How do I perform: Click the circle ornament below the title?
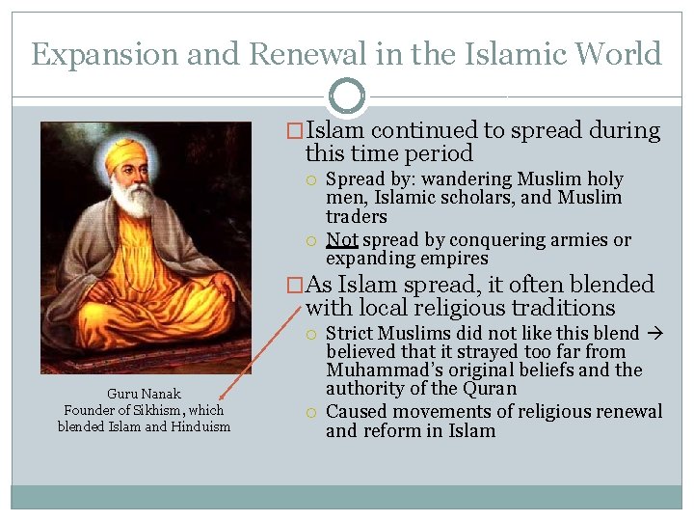(347, 96)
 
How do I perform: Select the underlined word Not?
(342, 240)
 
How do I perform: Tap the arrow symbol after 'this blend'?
(653, 334)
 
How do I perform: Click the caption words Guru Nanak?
(144, 394)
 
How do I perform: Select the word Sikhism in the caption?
(163, 410)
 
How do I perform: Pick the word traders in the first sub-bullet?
(357, 216)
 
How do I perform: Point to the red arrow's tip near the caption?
(220, 399)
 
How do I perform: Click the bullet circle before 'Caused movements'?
(312, 412)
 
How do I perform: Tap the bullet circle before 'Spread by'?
(312, 180)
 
